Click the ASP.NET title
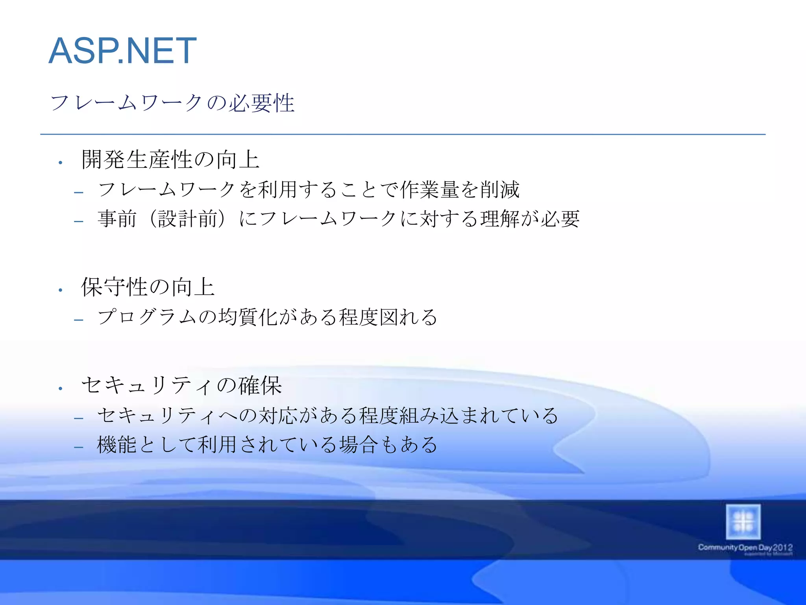(122, 51)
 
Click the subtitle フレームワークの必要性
(172, 103)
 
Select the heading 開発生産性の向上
(170, 160)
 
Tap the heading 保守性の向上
(148, 287)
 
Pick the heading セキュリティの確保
(181, 385)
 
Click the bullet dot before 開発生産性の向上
(61, 162)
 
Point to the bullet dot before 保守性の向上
(61, 290)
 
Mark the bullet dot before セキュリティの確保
(61, 389)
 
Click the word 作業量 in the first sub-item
(429, 189)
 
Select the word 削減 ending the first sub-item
(500, 189)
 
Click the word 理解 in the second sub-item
(500, 219)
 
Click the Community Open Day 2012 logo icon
(743, 522)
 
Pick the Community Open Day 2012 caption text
(745, 548)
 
